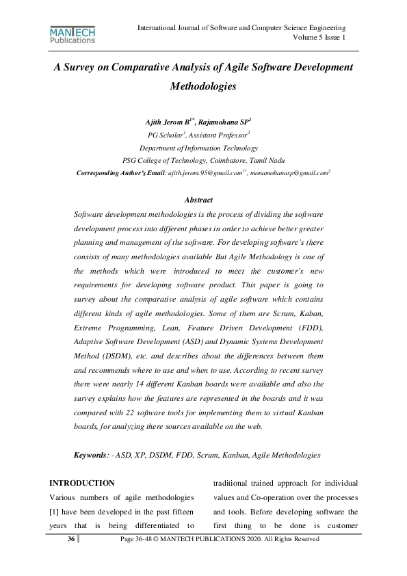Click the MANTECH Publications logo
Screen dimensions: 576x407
72,36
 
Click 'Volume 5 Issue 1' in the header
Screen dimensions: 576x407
318,37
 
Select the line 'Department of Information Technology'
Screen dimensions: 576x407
198,148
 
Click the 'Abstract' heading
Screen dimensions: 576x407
198,200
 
